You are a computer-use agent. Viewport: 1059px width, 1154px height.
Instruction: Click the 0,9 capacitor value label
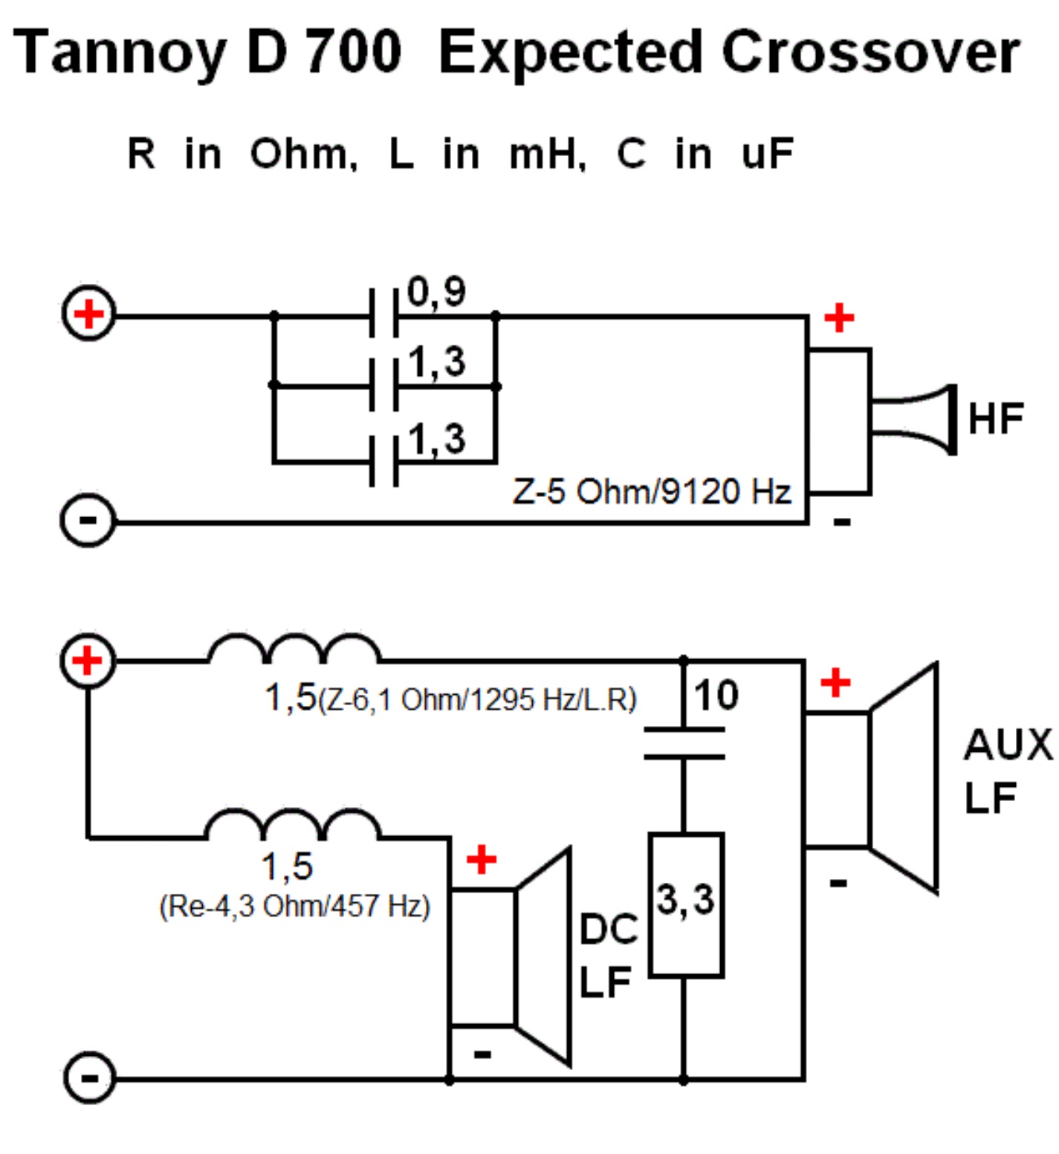pos(436,291)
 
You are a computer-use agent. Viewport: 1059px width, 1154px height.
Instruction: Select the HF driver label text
pos(996,418)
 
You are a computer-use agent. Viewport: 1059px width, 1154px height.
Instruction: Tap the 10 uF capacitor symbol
pos(684,743)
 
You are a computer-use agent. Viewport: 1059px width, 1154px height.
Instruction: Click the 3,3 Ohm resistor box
pos(686,904)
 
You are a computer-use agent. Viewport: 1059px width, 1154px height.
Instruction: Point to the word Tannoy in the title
pos(119,52)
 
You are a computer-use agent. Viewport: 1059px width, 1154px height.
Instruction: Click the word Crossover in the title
pos(870,52)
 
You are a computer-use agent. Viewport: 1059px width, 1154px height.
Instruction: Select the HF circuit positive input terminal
pos(88,314)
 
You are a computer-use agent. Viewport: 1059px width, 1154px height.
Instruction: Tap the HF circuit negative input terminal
pos(88,520)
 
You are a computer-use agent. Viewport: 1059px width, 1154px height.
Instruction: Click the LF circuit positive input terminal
pos(88,661)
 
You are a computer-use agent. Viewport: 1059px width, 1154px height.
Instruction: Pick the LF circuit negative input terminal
pos(89,1077)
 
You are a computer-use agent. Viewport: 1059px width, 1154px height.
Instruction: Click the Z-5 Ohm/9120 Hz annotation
pos(652,491)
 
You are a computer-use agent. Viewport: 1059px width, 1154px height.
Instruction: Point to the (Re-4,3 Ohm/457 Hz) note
pos(294,906)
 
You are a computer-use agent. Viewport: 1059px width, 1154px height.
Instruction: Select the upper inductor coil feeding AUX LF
pos(294,649)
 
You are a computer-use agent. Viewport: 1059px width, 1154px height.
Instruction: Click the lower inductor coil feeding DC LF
pos(292,824)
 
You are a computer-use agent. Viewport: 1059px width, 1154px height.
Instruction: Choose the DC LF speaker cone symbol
pos(543,956)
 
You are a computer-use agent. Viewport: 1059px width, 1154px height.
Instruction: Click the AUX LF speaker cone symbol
pos(903,778)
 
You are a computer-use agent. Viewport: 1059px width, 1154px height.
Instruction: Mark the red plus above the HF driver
pos(839,318)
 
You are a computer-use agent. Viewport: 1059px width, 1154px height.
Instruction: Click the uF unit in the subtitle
pos(767,154)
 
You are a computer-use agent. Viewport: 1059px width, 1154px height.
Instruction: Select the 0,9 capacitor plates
pos(384,315)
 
